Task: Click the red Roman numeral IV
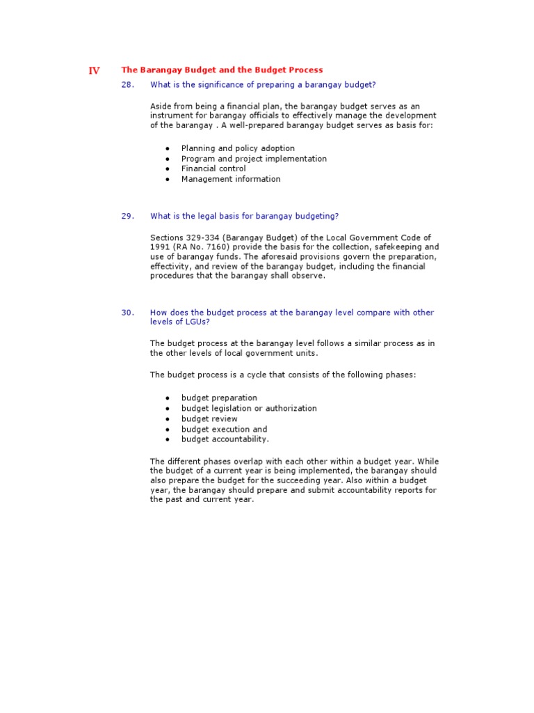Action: (94, 70)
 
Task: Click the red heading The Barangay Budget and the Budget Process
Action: (222, 70)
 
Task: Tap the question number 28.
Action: (127, 85)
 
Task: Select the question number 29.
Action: (127, 216)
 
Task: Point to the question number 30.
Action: (127, 313)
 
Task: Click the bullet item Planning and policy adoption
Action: (238, 148)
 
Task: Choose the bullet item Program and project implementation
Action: (254, 159)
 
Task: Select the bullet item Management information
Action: (231, 179)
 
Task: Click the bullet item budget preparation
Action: (219, 398)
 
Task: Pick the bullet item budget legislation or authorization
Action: (249, 409)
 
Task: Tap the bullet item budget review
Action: (209, 419)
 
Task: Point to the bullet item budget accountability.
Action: (225, 439)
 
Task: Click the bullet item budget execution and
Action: (224, 430)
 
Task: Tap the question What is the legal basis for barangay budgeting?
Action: (244, 216)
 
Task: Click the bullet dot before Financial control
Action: (168, 169)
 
